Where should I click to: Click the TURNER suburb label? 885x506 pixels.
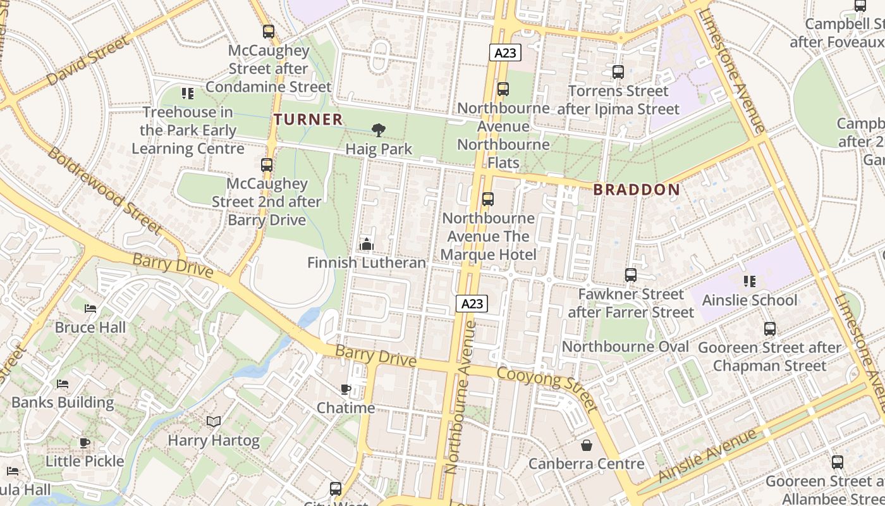click(308, 119)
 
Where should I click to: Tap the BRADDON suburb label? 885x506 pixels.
click(637, 190)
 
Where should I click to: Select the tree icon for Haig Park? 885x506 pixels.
click(379, 131)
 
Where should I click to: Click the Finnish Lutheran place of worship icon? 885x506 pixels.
click(366, 244)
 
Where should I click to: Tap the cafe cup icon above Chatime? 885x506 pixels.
click(345, 389)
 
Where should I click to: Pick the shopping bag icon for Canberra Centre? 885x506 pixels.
click(587, 445)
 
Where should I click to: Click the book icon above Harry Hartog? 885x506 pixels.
click(214, 422)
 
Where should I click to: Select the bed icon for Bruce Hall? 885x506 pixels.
click(90, 309)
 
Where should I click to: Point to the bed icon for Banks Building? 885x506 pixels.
click(63, 384)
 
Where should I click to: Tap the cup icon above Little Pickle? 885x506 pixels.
click(85, 443)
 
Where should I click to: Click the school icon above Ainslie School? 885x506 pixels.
click(749, 281)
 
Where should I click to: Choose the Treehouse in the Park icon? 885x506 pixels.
click(188, 94)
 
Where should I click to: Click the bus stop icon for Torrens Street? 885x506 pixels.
click(618, 72)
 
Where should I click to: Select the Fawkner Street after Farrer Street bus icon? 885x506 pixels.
click(630, 275)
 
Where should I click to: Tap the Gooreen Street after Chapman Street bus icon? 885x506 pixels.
click(769, 329)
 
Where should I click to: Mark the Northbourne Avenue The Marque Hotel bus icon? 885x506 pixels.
click(487, 199)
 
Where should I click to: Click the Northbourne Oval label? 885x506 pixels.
click(625, 347)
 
